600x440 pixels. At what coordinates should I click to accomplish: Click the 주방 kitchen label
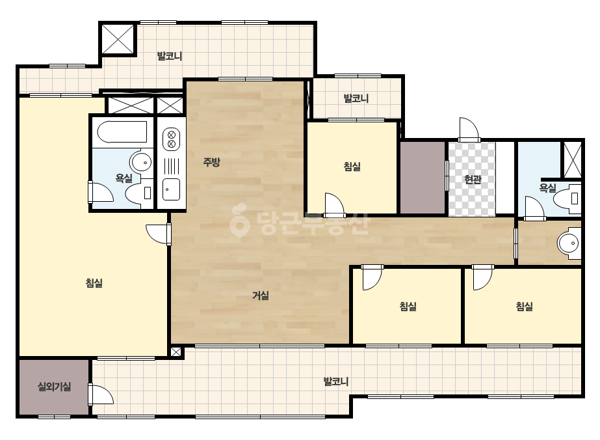212,162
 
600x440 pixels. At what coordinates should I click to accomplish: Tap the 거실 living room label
261,296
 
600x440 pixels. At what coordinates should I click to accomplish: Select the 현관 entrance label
473,180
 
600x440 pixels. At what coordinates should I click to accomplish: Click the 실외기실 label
55,387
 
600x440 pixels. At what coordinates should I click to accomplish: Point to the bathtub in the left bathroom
122,132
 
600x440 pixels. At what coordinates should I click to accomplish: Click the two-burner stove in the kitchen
171,139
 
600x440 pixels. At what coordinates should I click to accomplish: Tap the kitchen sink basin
171,189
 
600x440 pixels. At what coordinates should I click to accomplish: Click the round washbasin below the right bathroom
569,243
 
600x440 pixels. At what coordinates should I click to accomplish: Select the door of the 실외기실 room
101,395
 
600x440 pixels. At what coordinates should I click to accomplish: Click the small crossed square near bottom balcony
176,352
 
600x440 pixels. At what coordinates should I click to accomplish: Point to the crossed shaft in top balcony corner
118,40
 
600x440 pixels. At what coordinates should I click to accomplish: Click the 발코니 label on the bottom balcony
336,381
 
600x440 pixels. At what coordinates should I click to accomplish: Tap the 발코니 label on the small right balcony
356,98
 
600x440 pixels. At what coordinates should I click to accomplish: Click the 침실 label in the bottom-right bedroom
524,306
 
